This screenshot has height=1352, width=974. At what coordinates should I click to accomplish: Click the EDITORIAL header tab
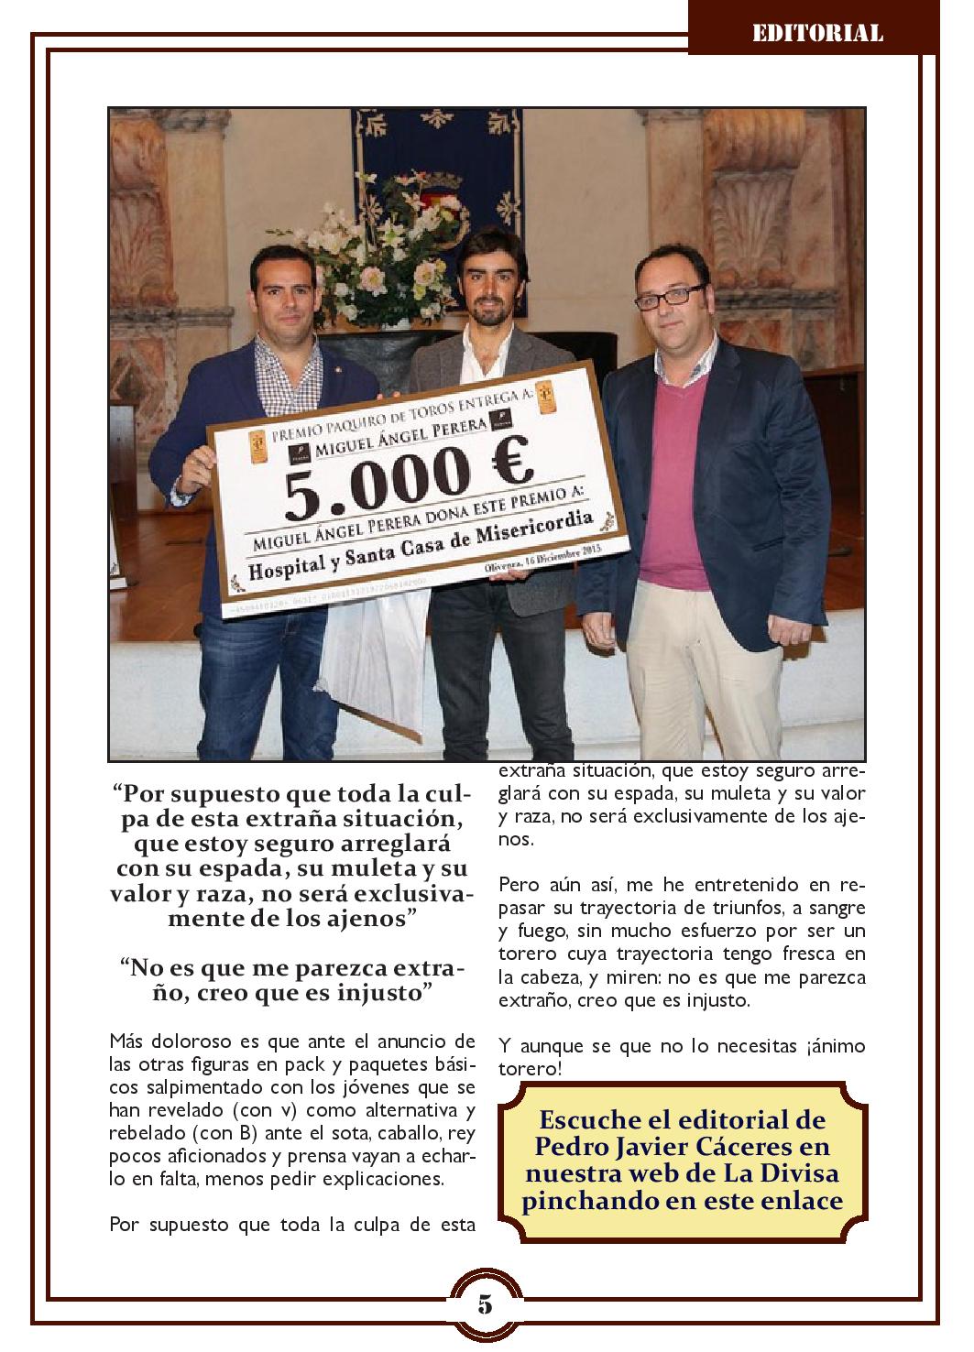[817, 34]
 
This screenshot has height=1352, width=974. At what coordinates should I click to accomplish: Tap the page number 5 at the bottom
[485, 1304]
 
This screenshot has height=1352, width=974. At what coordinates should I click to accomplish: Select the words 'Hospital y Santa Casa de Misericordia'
[421, 551]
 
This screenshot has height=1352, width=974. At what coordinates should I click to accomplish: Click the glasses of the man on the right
[675, 295]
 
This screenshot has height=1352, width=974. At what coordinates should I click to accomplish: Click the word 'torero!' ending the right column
[531, 1069]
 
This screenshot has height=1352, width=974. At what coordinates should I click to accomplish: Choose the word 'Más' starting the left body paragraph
[126, 1041]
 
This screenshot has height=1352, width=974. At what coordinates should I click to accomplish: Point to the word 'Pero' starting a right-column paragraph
[520, 886]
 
